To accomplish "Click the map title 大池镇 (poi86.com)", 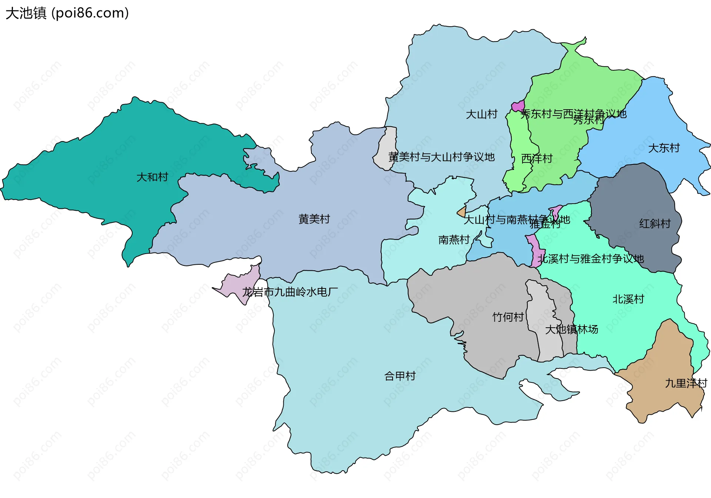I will click(x=67, y=13).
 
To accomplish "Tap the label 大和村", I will click(x=152, y=177).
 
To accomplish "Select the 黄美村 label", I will click(x=314, y=219).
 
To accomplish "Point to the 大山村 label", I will click(x=481, y=114).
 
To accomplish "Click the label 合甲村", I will click(x=400, y=376).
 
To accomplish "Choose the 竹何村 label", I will click(x=508, y=317).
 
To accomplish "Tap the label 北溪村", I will click(x=628, y=299).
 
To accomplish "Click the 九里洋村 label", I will click(x=686, y=383).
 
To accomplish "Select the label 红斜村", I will click(x=655, y=224).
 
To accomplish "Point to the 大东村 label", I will click(x=664, y=148).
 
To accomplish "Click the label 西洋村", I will click(x=537, y=158).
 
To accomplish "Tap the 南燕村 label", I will click(x=454, y=240).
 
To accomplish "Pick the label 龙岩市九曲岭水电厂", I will click(x=290, y=292).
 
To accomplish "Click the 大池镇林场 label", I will click(x=571, y=329).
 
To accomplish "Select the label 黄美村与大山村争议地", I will click(x=441, y=157).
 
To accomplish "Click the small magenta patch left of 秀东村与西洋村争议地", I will click(x=518, y=106).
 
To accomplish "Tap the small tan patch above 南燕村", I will click(x=462, y=213).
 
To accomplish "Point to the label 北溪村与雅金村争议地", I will click(x=591, y=259).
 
